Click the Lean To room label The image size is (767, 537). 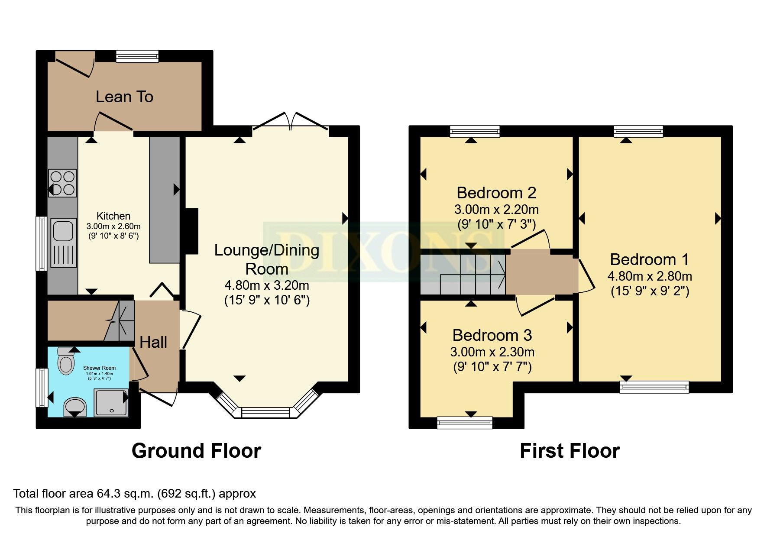pyautogui.click(x=124, y=97)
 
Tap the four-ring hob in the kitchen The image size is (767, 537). pyautogui.click(x=62, y=183)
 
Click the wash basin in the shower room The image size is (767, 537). pyautogui.click(x=74, y=407)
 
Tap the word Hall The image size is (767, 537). pyautogui.click(x=153, y=342)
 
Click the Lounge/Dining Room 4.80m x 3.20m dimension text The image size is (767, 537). pyautogui.click(x=266, y=285)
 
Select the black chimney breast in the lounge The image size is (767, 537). pyautogui.click(x=191, y=231)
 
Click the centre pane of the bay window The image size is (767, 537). pyautogui.click(x=265, y=413)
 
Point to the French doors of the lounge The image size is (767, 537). pyautogui.click(x=290, y=121)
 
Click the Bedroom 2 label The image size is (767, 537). pyautogui.click(x=496, y=193)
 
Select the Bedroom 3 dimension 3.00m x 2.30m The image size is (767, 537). pyautogui.click(x=492, y=352)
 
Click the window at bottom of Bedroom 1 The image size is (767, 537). pyautogui.click(x=654, y=386)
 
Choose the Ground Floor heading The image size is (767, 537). pyautogui.click(x=196, y=451)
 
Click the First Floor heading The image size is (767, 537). pyautogui.click(x=570, y=451)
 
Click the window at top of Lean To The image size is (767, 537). pyautogui.click(x=137, y=56)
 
